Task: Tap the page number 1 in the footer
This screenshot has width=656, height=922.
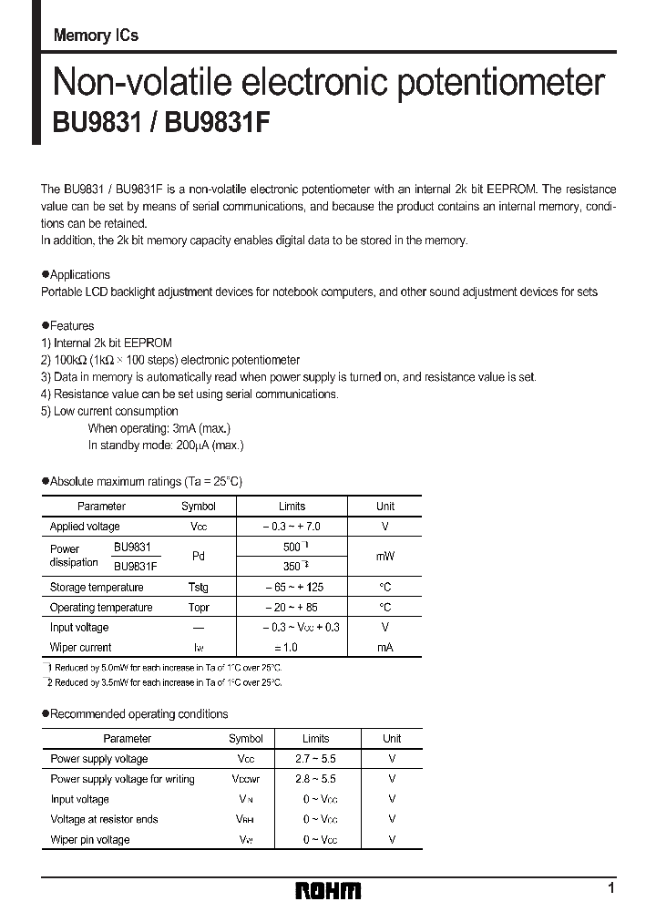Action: point(610,887)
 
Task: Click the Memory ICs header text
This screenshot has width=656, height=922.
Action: point(97,36)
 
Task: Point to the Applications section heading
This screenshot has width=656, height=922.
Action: point(79,274)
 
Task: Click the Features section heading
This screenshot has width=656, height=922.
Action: point(71,325)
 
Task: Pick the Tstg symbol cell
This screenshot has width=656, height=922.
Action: point(198,588)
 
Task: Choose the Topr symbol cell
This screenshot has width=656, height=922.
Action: point(198,608)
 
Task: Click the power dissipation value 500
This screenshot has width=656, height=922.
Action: point(292,547)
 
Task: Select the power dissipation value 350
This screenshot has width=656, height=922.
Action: point(292,566)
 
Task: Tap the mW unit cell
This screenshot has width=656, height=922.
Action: point(384,556)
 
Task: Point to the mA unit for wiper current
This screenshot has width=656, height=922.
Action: point(384,648)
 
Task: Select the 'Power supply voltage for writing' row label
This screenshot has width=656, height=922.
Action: point(122,779)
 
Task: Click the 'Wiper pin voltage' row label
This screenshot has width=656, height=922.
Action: point(90,839)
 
